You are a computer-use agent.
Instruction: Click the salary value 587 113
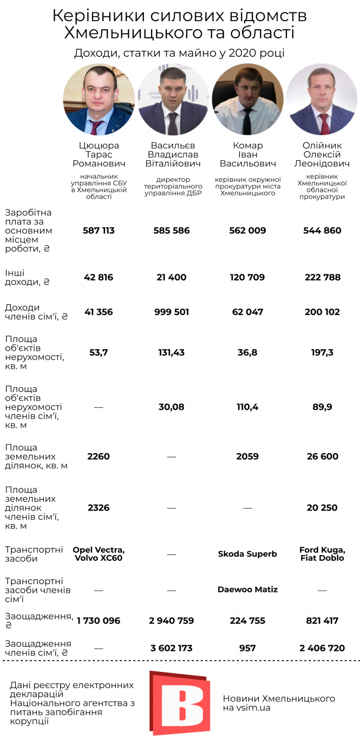tap(99, 231)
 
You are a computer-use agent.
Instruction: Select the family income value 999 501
tap(172, 312)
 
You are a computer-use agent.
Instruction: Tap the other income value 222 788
tap(322, 277)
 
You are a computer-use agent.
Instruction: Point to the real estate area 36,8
tap(247, 352)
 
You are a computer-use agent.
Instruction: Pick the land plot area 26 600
tap(322, 456)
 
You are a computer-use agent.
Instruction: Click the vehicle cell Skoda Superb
tap(247, 554)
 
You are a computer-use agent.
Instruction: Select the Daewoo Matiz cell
tap(247, 589)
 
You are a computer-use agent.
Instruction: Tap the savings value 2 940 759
tap(172, 620)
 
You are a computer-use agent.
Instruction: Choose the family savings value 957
tap(247, 648)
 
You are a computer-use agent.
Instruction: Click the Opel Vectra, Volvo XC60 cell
tap(99, 554)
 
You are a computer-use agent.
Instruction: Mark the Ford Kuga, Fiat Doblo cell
tap(322, 554)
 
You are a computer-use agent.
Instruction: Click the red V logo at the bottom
tap(179, 703)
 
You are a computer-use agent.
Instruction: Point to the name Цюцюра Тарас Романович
tap(99, 154)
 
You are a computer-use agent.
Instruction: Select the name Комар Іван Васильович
tap(247, 154)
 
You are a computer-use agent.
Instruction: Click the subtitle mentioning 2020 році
tap(179, 53)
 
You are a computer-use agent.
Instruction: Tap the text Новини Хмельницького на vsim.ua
tap(279, 703)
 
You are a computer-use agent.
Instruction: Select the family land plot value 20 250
tap(322, 508)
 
